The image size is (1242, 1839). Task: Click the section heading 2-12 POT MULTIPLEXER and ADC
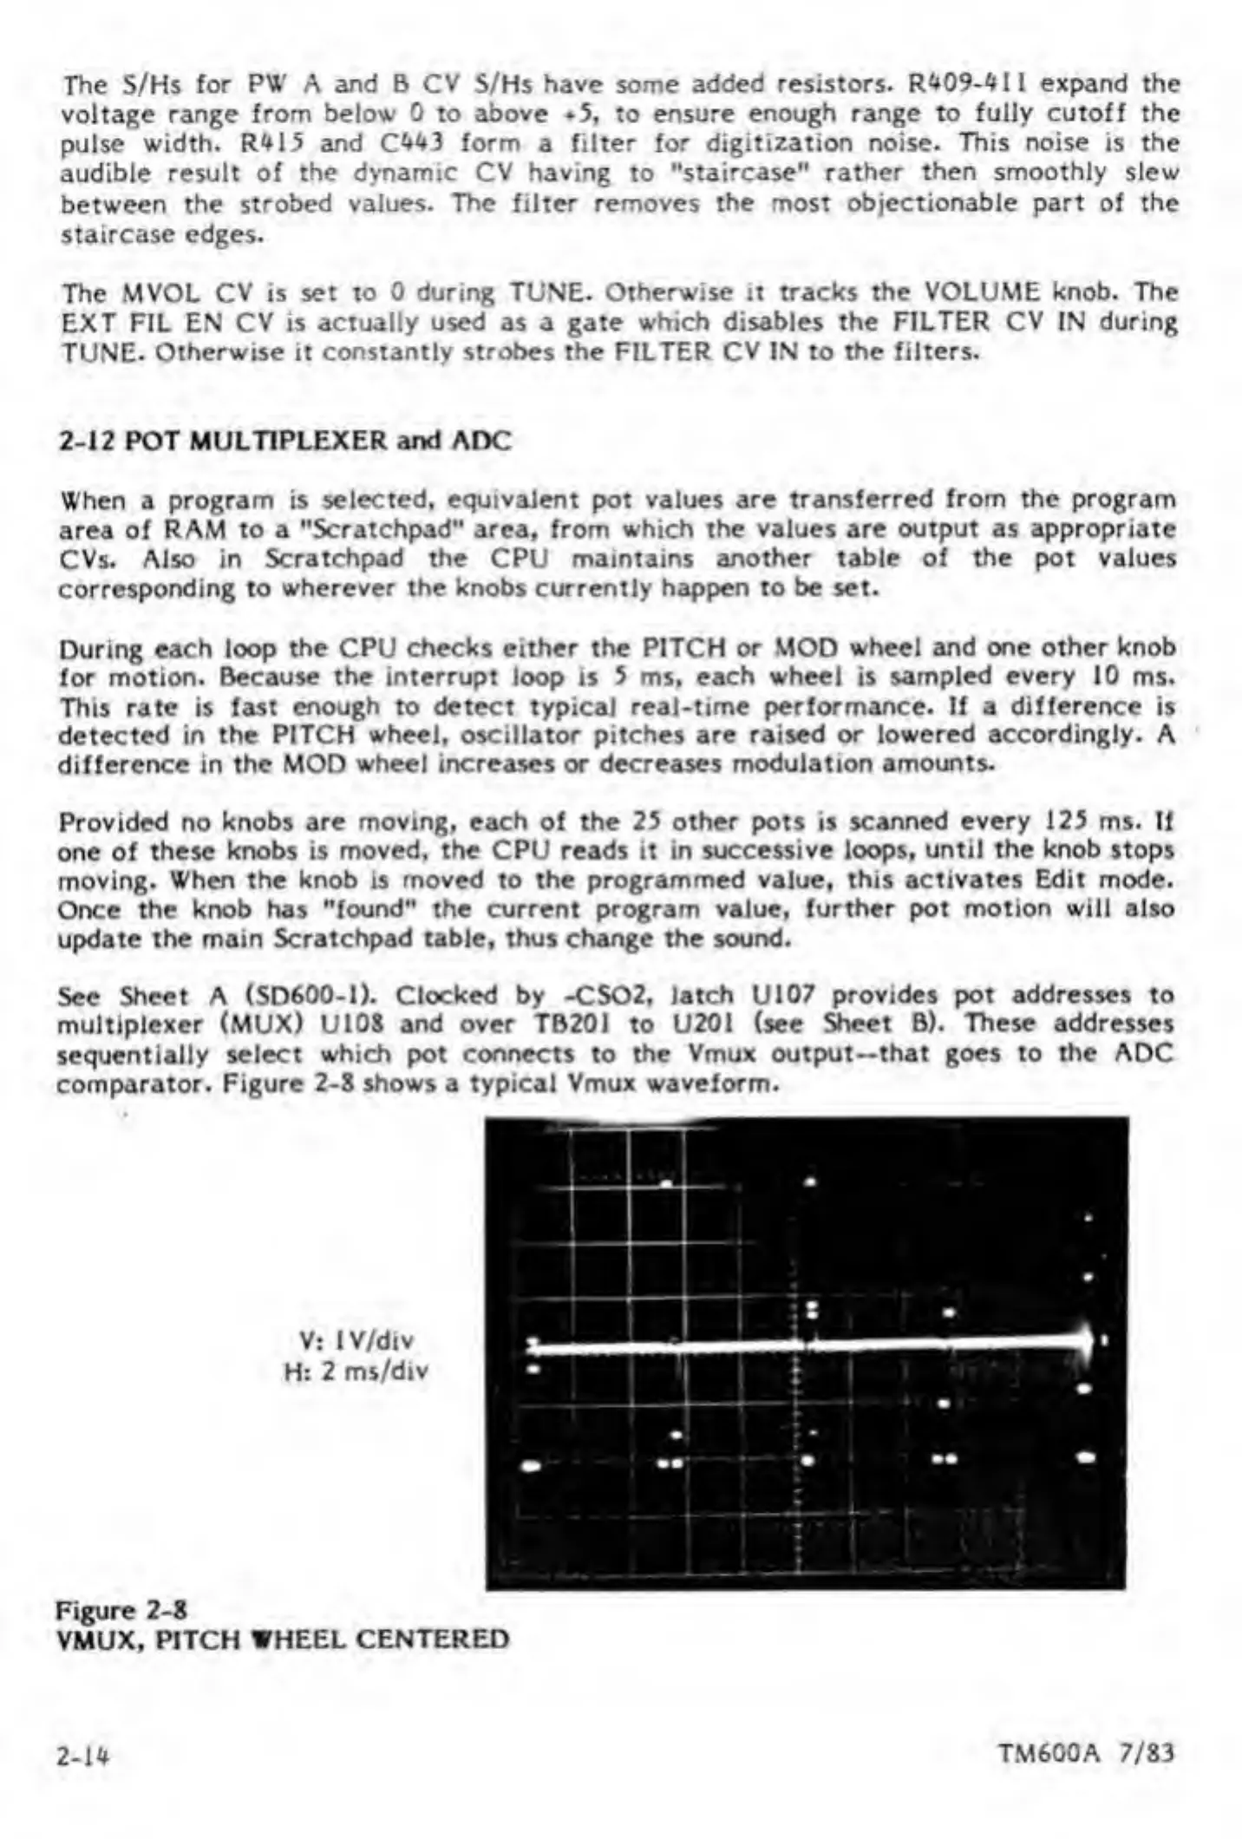285,441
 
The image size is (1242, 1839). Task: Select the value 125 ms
1081,820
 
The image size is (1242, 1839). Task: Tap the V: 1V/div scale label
356,1341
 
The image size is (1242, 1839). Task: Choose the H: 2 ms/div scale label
356,1371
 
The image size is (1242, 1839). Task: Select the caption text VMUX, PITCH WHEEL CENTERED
283,1639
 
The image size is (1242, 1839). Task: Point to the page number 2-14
87,1754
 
